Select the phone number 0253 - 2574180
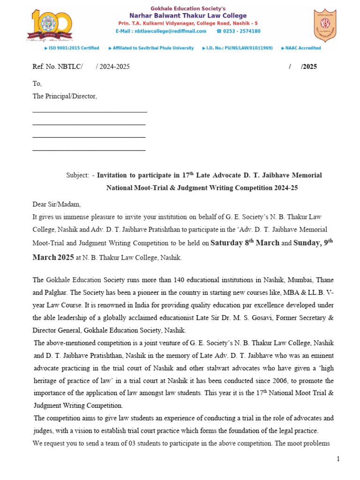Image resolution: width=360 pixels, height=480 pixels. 241,31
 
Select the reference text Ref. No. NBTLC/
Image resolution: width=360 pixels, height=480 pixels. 57,67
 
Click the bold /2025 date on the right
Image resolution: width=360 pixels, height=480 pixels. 308,67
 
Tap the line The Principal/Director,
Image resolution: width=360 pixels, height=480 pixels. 64,96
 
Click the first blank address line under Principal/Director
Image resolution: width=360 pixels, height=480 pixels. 90,112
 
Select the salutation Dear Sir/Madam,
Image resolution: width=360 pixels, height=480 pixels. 56,204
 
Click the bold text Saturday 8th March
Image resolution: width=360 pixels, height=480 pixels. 245,242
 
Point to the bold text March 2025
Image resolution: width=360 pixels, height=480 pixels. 53,257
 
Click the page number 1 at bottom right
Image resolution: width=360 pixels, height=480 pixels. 338,458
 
